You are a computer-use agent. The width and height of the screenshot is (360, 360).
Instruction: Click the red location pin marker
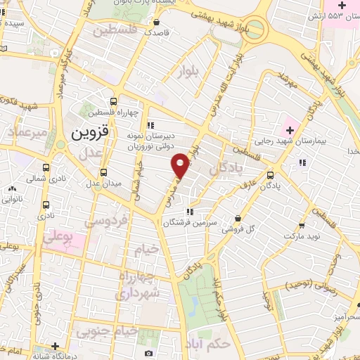coord(181,164)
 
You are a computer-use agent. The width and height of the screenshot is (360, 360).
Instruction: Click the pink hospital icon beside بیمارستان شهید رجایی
coord(288,130)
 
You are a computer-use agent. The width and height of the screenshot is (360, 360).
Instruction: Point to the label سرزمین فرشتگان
coord(188,222)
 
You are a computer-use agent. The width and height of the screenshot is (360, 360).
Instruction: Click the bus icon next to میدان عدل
coord(104,172)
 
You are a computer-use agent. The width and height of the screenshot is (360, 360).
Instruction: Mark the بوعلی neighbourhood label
coord(58,238)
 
